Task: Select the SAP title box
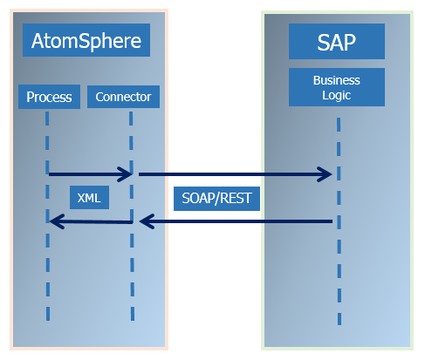(x=336, y=41)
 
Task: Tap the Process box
(x=49, y=97)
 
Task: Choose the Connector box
(x=123, y=97)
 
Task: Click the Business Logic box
(x=336, y=87)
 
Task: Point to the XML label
(x=89, y=199)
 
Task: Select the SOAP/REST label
(x=216, y=199)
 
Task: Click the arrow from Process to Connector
(x=87, y=174)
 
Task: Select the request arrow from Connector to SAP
(x=231, y=174)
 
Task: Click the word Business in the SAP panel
(x=336, y=80)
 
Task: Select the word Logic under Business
(x=336, y=95)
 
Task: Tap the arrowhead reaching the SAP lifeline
(x=326, y=174)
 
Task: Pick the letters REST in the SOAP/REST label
(x=235, y=199)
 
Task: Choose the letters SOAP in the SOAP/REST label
(x=197, y=199)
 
